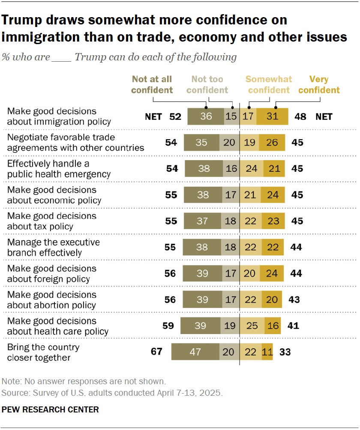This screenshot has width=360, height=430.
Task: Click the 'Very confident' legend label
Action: click(x=319, y=84)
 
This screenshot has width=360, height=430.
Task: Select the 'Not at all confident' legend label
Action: click(x=152, y=84)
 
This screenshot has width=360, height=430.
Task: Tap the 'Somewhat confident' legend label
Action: click(x=269, y=84)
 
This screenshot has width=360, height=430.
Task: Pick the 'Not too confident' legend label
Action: click(x=207, y=84)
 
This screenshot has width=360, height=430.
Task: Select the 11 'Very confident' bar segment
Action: click(x=267, y=352)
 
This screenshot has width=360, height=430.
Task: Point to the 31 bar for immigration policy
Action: click(x=272, y=116)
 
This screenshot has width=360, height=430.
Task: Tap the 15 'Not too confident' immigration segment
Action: click(x=231, y=116)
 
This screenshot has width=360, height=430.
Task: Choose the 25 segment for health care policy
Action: click(x=252, y=325)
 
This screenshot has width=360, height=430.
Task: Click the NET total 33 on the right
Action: click(x=285, y=352)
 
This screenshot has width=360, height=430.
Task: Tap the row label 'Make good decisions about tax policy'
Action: click(x=52, y=221)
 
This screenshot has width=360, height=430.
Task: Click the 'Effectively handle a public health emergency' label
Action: click(x=59, y=168)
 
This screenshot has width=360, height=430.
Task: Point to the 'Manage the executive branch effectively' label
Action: click(x=54, y=247)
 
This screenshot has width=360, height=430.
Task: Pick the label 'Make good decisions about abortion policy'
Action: click(x=52, y=300)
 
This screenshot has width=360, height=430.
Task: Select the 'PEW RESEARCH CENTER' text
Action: click(x=50, y=409)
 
